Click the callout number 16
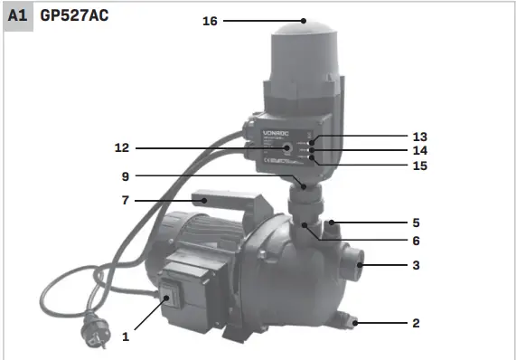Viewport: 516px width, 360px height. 211,20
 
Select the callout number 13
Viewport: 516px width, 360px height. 419,136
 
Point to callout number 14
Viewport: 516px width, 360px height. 419,150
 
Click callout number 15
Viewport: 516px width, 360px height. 419,166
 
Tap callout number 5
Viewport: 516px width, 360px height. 416,222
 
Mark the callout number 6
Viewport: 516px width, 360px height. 416,241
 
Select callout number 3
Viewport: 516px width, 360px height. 416,266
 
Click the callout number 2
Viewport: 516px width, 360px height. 416,322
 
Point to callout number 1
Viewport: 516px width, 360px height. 126,336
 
